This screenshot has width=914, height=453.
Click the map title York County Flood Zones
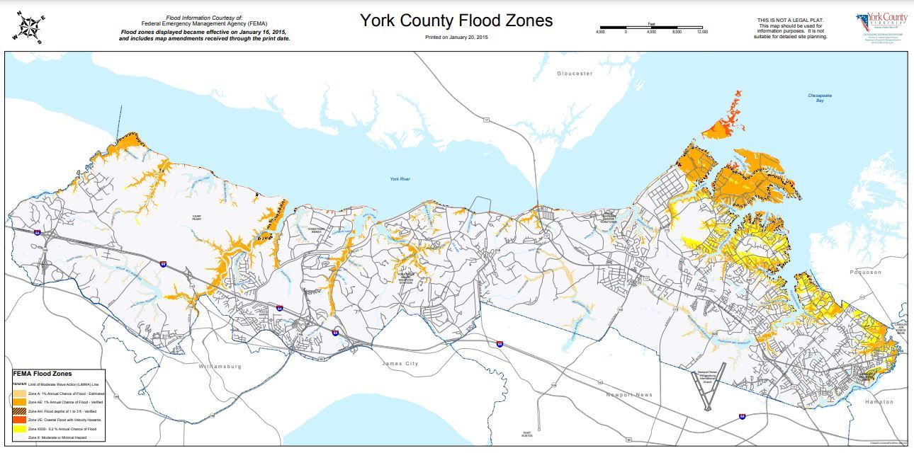pos(456,20)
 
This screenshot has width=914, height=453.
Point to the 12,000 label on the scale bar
pos(702,33)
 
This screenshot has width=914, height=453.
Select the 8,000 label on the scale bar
pos(677,33)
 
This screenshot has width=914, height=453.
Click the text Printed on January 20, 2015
pos(456,37)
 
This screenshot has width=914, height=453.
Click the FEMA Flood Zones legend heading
pos(43,374)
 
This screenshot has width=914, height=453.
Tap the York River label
pos(400,179)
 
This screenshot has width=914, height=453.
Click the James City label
pos(400,364)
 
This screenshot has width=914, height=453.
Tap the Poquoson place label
pos(866,272)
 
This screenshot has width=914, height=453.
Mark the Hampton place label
pos(879,401)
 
